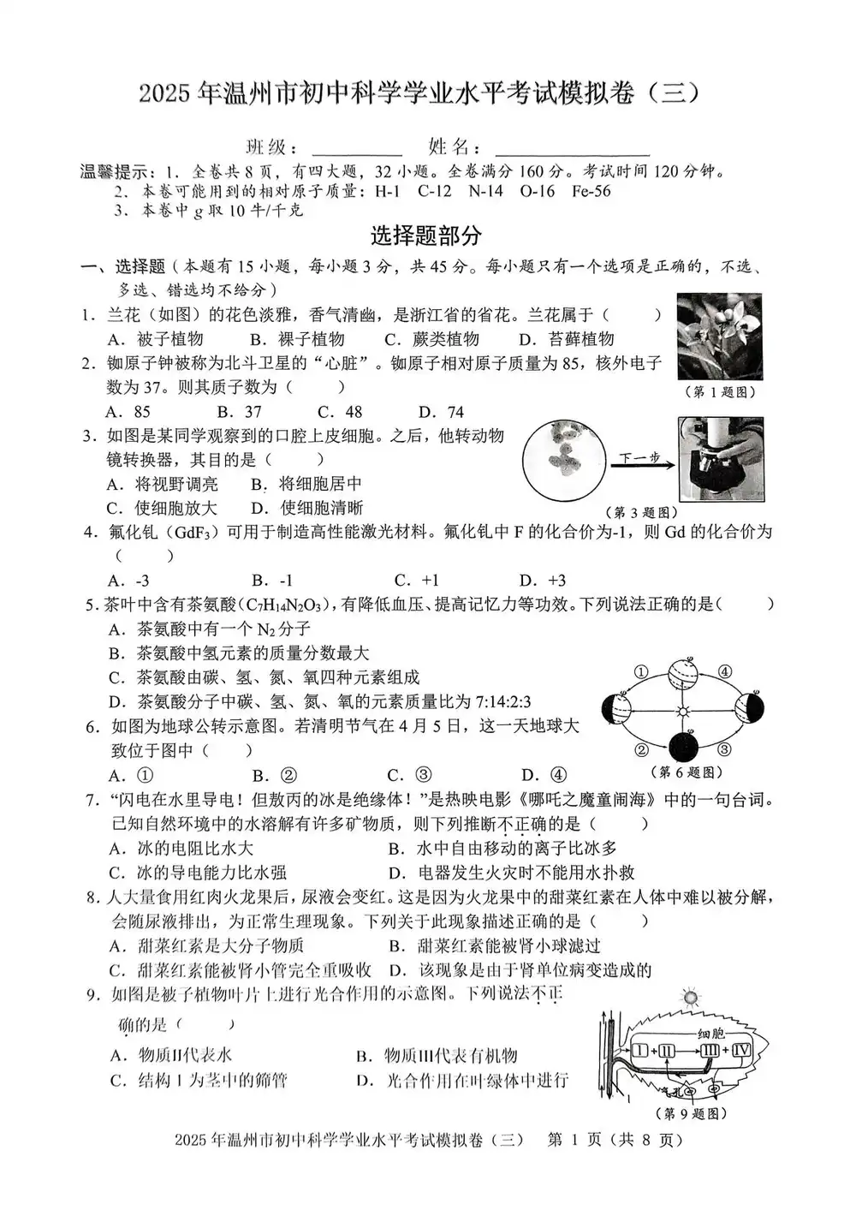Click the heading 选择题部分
425,235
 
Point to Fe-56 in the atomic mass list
591,191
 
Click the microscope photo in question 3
721,459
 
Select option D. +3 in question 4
543,581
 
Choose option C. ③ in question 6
409,776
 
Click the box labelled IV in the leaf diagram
740,1050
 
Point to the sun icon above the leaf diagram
690,998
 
